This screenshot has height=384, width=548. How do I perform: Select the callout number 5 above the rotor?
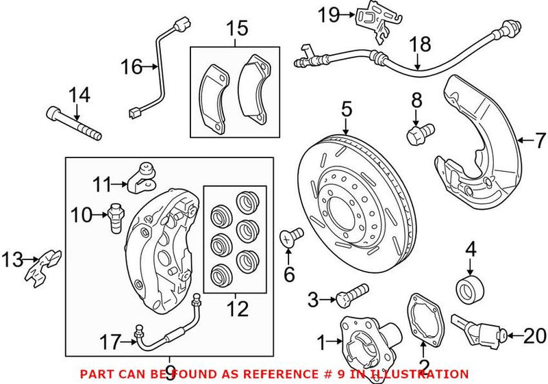pos(346,108)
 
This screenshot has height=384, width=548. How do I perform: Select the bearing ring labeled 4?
pos(470,288)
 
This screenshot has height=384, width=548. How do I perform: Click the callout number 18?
pos(421,45)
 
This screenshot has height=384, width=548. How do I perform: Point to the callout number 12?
pos(238,309)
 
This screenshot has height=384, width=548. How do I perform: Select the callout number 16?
pos(131,66)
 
